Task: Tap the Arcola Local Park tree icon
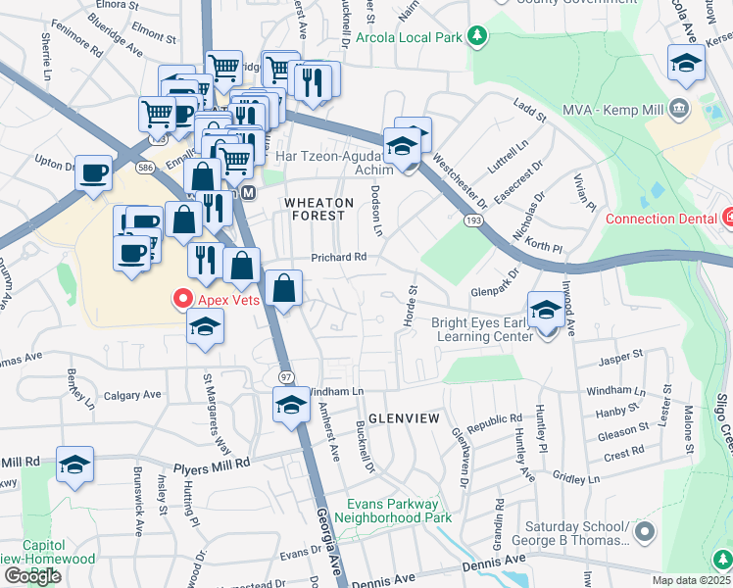tap(477, 37)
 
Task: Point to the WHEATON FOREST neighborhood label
tap(316, 208)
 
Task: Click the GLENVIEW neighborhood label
tap(403, 417)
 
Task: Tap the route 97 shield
tap(286, 377)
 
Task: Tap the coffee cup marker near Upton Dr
tap(93, 172)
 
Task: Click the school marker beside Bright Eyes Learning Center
tap(547, 311)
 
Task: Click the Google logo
tap(33, 576)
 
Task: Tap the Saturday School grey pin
tap(644, 532)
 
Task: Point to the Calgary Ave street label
tap(130, 395)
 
